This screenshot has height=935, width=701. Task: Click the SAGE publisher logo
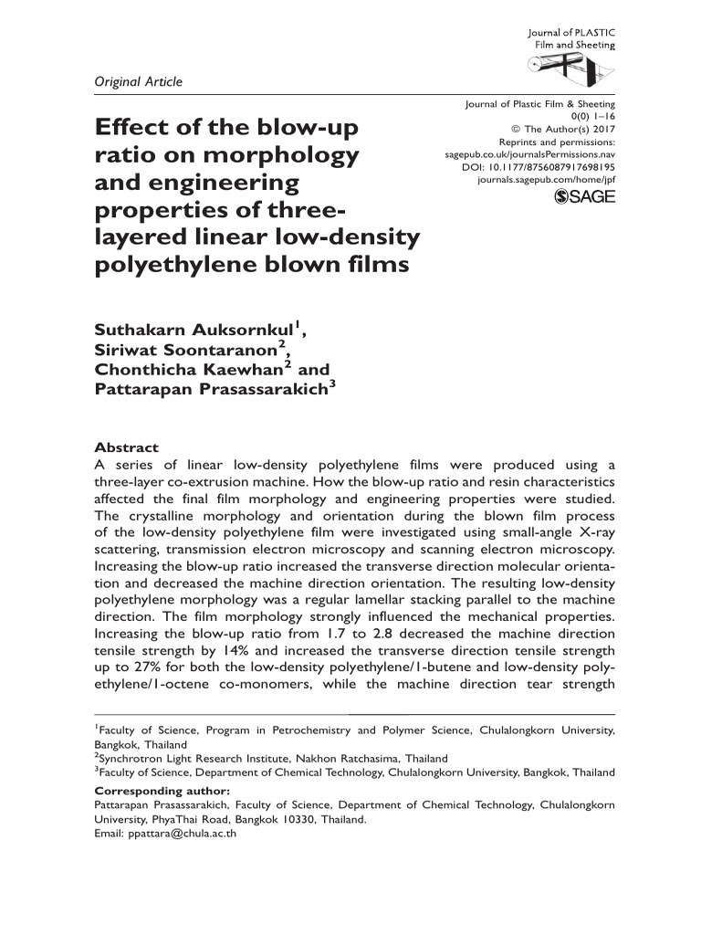[585, 197]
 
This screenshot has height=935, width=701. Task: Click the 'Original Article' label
[139, 82]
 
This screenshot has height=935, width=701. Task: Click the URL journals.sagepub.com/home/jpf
[547, 181]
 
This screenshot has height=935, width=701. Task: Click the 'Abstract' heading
[127, 447]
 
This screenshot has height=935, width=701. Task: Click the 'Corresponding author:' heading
[162, 790]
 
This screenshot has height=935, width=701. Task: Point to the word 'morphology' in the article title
[289, 154]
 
